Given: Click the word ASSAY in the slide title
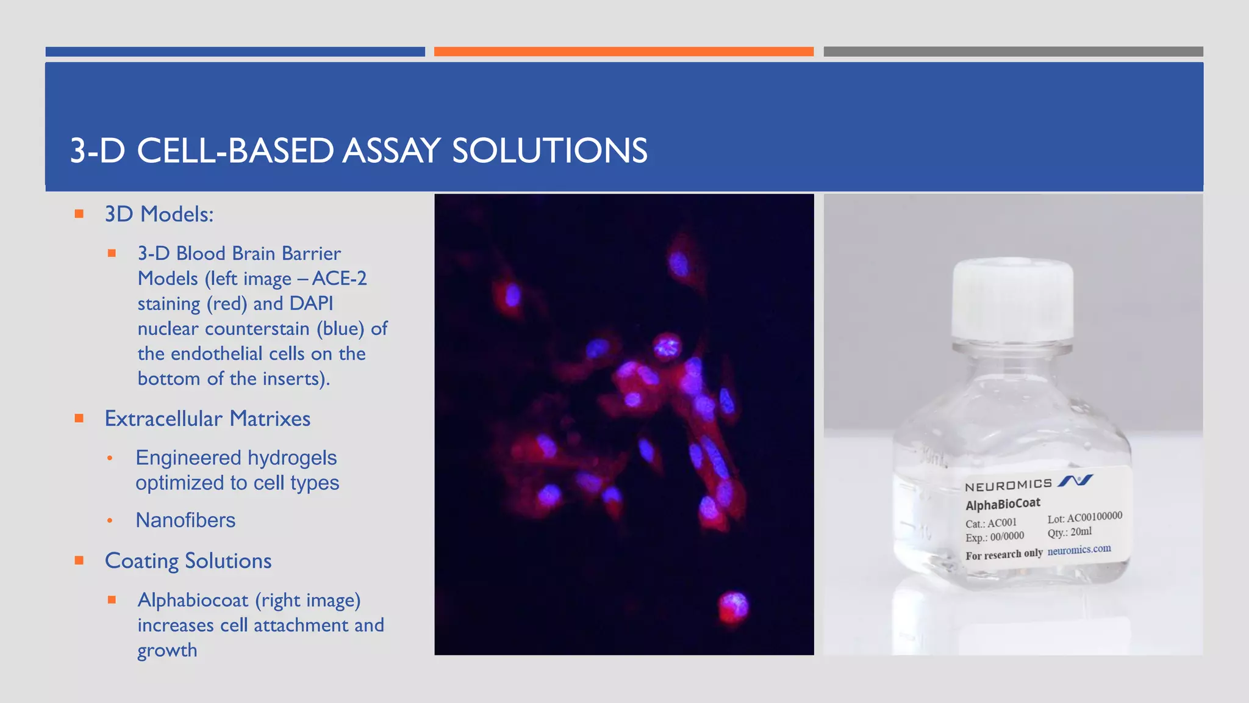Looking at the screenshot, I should pyautogui.click(x=391, y=151).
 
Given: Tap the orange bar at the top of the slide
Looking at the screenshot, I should pyautogui.click(x=623, y=52).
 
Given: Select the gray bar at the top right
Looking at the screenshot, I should pyautogui.click(x=1012, y=52).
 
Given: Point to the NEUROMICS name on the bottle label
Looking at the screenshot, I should pyautogui.click(x=1008, y=485).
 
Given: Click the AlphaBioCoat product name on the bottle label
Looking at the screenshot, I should pyautogui.click(x=1003, y=504).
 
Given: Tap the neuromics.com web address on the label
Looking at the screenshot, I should pyautogui.click(x=1079, y=549).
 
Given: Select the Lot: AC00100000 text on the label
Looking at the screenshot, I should pyautogui.click(x=1084, y=517).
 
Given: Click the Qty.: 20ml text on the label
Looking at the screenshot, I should pyautogui.click(x=1070, y=532).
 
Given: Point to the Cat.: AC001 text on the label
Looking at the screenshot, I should pyautogui.click(x=990, y=523).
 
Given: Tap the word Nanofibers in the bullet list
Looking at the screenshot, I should pyautogui.click(x=185, y=521).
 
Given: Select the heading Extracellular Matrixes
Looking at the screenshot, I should pyautogui.click(x=207, y=419).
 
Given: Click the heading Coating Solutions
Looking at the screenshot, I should pyautogui.click(x=188, y=561).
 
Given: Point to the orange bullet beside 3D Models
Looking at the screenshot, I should pyautogui.click(x=79, y=214).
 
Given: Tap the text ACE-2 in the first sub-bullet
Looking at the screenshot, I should pyautogui.click(x=340, y=278).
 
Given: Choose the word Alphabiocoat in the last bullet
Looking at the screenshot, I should pyautogui.click(x=193, y=600).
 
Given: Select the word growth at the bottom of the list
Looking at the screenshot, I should pyautogui.click(x=167, y=651).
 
